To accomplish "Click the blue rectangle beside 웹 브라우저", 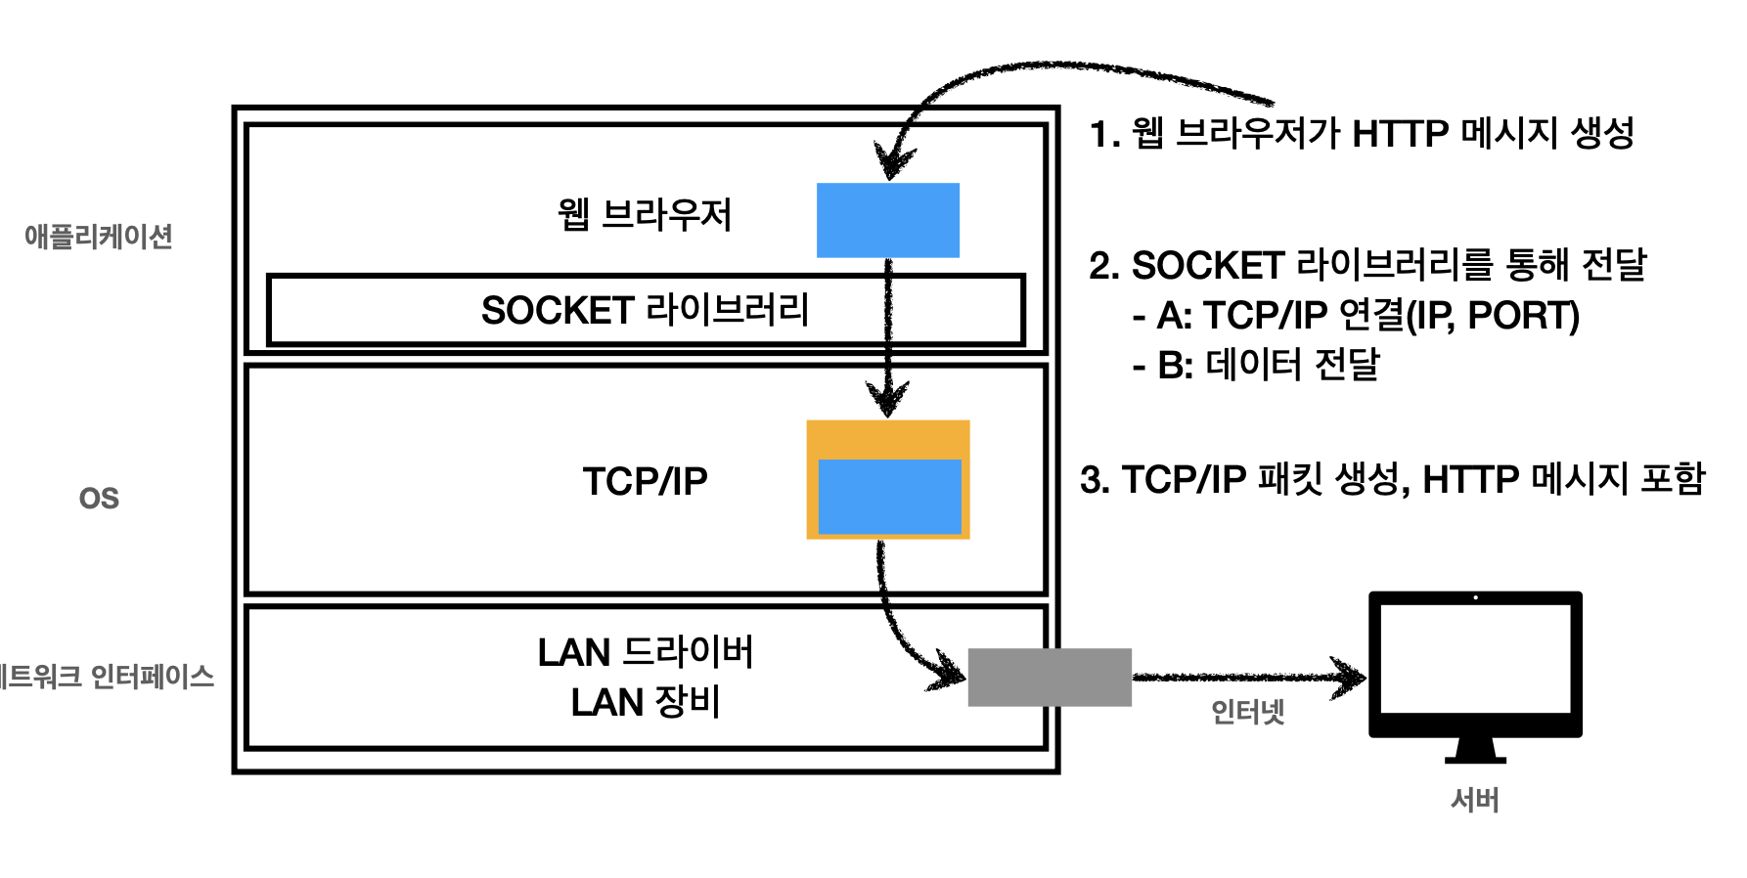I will [x=887, y=220].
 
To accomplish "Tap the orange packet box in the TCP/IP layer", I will [x=887, y=439].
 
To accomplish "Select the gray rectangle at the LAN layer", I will [x=1049, y=677].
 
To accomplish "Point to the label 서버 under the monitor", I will [x=1474, y=800].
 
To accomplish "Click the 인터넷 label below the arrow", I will [x=1247, y=712].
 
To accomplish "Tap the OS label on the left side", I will [x=99, y=499].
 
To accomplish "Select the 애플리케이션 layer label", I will [x=99, y=237].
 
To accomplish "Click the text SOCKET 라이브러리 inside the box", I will [x=645, y=310].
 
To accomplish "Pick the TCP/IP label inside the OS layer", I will [x=645, y=481].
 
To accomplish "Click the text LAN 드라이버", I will [x=645, y=652].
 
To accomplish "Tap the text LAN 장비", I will [x=645, y=702].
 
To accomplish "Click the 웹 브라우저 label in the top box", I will [x=645, y=215].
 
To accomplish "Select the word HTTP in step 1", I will [x=1400, y=134].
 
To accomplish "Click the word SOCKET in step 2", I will [x=1207, y=266].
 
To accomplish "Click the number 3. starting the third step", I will [x=1095, y=480].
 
